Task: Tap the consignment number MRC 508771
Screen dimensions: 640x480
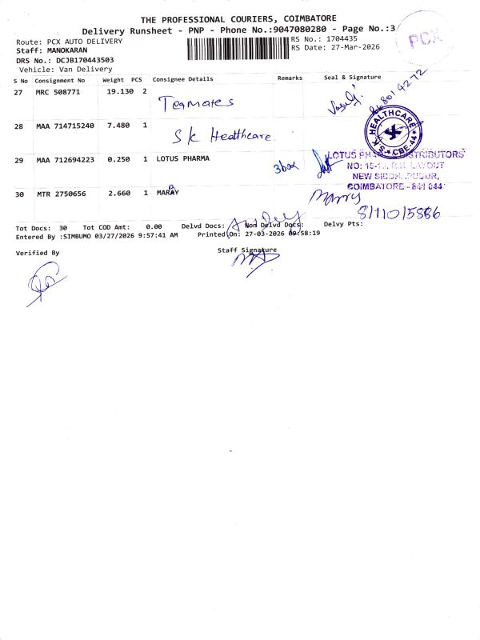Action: pos(58,93)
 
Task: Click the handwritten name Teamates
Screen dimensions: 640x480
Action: pos(196,103)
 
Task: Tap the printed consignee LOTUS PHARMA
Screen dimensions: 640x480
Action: pos(183,158)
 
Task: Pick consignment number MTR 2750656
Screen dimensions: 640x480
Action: pos(62,194)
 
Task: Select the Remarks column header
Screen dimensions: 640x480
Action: pos(290,78)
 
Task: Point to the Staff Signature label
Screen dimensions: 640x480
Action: pos(246,250)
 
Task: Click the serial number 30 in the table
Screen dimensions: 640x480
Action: pos(21,194)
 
